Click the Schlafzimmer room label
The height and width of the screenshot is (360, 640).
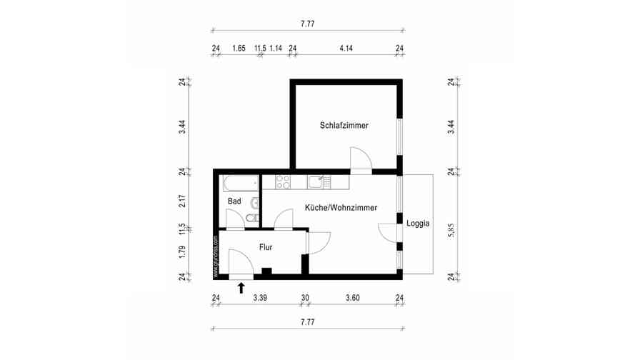[344, 125]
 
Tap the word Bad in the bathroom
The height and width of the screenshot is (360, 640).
[234, 201]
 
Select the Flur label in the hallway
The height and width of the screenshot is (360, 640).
[265, 247]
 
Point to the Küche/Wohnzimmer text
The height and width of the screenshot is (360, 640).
[341, 207]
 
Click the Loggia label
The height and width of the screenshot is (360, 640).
[418, 223]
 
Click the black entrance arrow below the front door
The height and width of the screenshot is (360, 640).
[241, 287]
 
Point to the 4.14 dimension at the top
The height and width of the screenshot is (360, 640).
[346, 48]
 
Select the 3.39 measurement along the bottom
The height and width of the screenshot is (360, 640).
[260, 298]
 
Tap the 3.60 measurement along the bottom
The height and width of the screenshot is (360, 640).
[352, 298]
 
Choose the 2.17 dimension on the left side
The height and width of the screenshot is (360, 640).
[182, 201]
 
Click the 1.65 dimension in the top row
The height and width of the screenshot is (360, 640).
[239, 48]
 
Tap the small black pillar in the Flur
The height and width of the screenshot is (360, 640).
[266, 271]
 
